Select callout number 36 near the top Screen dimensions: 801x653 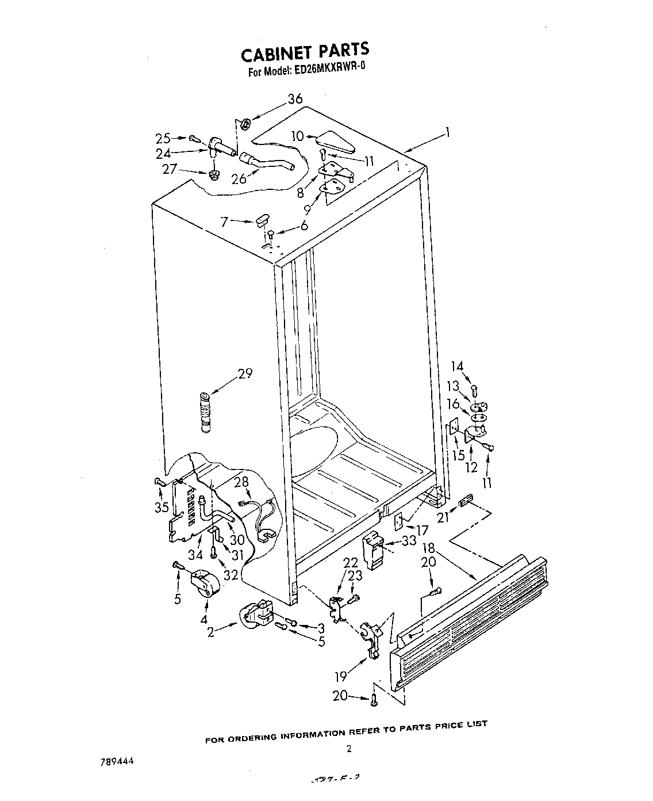pos(295,99)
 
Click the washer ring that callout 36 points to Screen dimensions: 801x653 pos(245,123)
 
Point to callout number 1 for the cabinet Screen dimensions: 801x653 pos(447,133)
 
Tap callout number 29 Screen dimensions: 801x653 pos(245,374)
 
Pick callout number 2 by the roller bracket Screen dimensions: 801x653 pos(211,632)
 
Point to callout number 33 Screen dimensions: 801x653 pos(409,540)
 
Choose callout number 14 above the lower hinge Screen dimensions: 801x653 pos(457,366)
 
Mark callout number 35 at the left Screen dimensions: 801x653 pos(162,507)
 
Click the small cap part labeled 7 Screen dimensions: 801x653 pos(262,219)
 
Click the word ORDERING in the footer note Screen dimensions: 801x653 pos(253,737)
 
